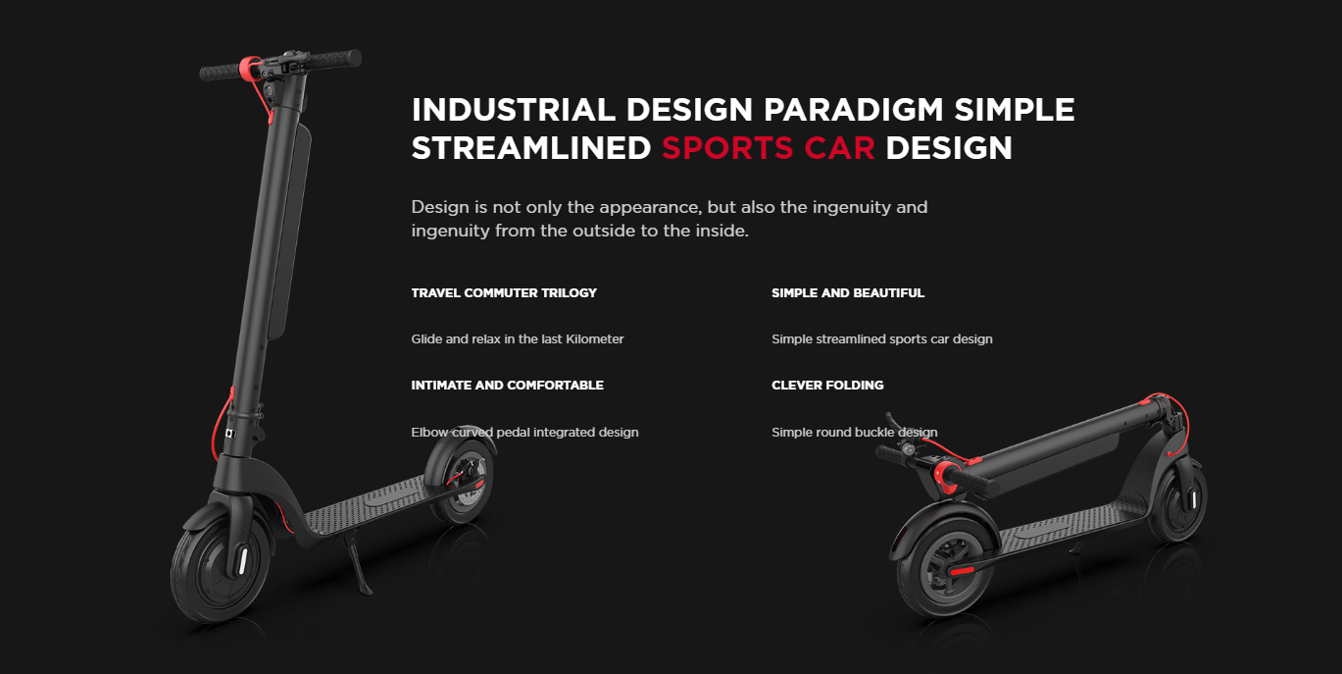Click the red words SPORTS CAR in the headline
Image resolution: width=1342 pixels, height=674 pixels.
pos(769,148)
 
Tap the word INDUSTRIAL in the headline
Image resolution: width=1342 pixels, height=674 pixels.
pos(514,110)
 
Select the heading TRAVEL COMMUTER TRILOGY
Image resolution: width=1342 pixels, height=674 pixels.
pos(504,293)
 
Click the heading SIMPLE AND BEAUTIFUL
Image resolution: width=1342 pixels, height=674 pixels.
pos(848,293)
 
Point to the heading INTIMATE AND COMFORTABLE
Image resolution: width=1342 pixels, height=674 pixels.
pos(508,385)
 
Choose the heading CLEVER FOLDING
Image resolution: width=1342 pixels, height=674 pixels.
pos(827,385)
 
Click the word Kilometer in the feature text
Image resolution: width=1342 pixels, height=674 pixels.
pos(595,338)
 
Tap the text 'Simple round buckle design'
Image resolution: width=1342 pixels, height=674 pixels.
pos(855,433)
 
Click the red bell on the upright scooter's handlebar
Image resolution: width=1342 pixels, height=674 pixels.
pos(250,68)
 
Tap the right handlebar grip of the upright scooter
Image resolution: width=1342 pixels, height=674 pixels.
pos(335,59)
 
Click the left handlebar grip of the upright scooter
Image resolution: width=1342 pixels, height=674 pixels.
pos(221,73)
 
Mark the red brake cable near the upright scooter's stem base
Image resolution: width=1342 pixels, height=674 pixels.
pos(221,423)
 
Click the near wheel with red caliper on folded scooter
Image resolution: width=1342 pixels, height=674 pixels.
pos(944,567)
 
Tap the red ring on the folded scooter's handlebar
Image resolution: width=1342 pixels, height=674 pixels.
pos(945,477)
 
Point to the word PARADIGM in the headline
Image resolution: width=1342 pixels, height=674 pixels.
pos(854,110)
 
